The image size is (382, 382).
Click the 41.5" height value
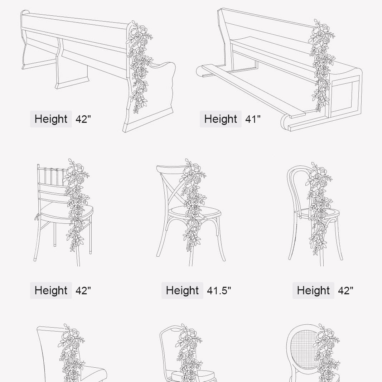tap(219, 290)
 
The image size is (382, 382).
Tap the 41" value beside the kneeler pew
tap(253, 119)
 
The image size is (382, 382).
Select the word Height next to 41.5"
tap(182, 290)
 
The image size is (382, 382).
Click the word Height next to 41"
tap(221, 119)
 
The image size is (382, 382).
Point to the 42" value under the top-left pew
tap(83, 119)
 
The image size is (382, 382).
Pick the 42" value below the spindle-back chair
tap(83, 290)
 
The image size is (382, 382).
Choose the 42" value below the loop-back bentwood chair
tap(345, 290)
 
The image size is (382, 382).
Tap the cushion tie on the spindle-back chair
tap(37, 217)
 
